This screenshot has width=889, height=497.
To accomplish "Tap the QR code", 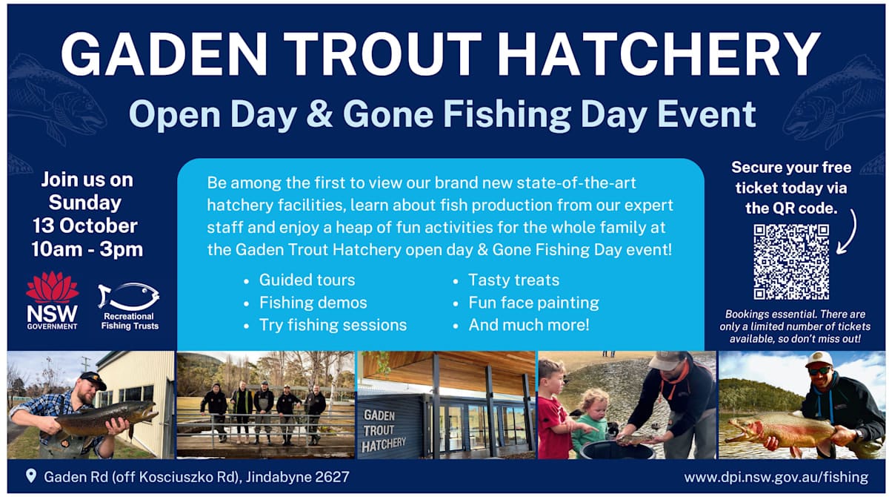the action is (791, 262).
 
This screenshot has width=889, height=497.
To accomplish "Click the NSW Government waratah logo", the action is (52, 300).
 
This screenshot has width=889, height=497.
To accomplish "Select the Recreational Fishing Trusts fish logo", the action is (129, 306).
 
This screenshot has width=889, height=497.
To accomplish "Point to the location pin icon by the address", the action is (31, 475).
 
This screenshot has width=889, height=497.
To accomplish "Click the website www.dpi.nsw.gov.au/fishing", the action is (776, 476).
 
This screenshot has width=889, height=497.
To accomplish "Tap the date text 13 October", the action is (85, 226).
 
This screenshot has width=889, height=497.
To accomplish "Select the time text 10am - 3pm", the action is (87, 249).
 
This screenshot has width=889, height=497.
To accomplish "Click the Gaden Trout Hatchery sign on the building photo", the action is (383, 431).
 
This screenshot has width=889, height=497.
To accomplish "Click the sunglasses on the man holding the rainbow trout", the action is (819, 370).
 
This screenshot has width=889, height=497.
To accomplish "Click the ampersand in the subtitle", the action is (319, 114).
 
